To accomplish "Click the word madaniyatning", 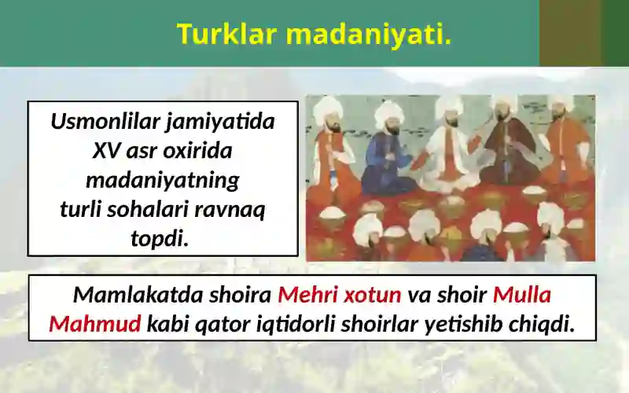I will click(x=162, y=180).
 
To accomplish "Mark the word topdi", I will click(x=160, y=238).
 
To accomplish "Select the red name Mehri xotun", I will click(x=340, y=295).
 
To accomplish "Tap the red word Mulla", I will click(x=522, y=295).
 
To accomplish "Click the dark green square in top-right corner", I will click(x=615, y=33).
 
